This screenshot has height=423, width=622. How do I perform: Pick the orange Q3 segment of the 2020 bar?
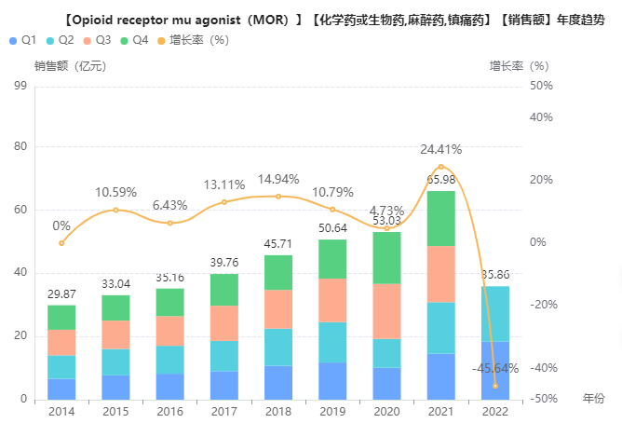[387, 310]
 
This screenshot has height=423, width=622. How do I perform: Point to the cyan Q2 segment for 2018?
[277, 347]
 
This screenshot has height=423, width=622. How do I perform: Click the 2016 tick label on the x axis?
[169, 411]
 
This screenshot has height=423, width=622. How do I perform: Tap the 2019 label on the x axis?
[332, 411]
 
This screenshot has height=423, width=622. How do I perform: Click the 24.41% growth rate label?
[440, 149]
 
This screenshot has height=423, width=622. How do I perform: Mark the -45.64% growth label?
[494, 368]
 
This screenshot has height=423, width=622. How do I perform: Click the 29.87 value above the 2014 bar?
[61, 294]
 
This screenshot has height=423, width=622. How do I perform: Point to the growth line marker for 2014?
[61, 243]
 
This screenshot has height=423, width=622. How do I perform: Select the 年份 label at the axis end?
[593, 399]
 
